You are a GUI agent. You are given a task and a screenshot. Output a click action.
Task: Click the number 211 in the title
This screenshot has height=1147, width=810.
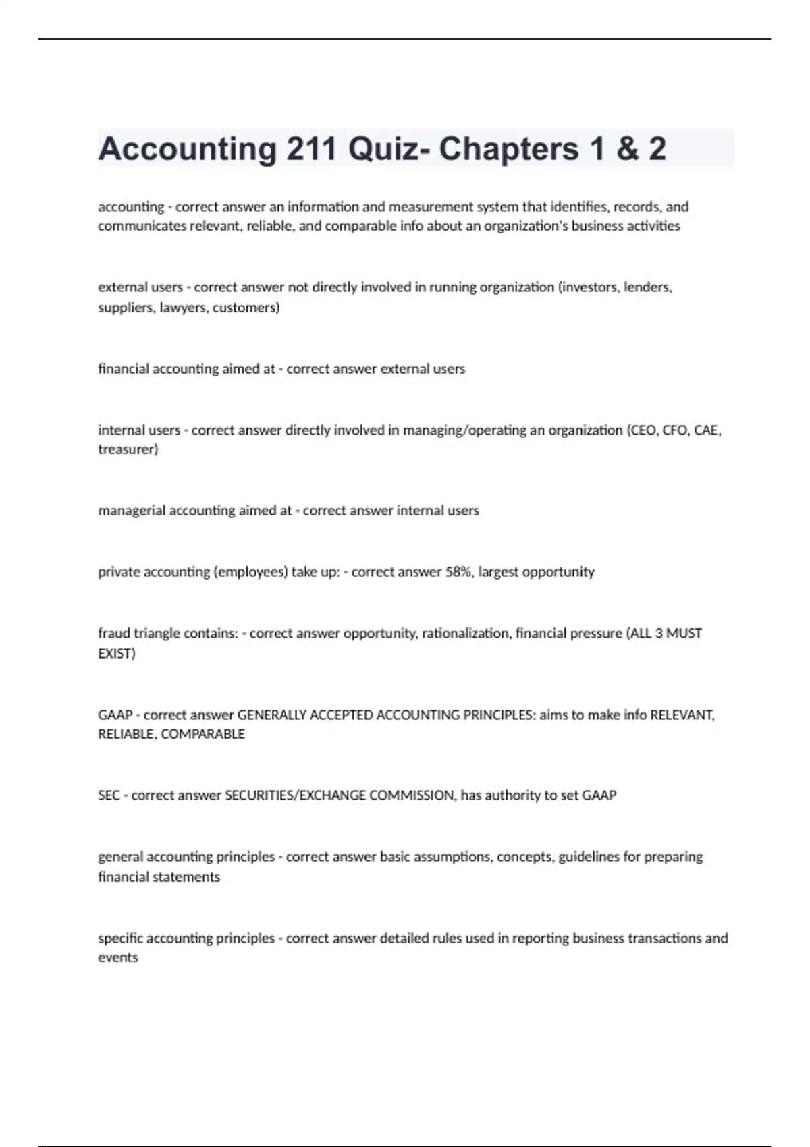point(312,149)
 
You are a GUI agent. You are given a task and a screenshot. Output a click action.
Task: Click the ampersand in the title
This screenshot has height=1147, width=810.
point(627,149)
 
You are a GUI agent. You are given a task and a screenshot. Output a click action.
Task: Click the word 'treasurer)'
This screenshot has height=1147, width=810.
point(128,449)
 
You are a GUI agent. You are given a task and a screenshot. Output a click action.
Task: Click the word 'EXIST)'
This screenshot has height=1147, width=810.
point(117,654)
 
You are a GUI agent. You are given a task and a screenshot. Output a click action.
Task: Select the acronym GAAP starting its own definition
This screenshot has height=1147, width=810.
point(115,715)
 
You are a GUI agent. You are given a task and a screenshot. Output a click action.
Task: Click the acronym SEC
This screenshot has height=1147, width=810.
point(109,795)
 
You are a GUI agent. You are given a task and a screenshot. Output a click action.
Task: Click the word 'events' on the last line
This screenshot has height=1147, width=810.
point(118,957)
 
